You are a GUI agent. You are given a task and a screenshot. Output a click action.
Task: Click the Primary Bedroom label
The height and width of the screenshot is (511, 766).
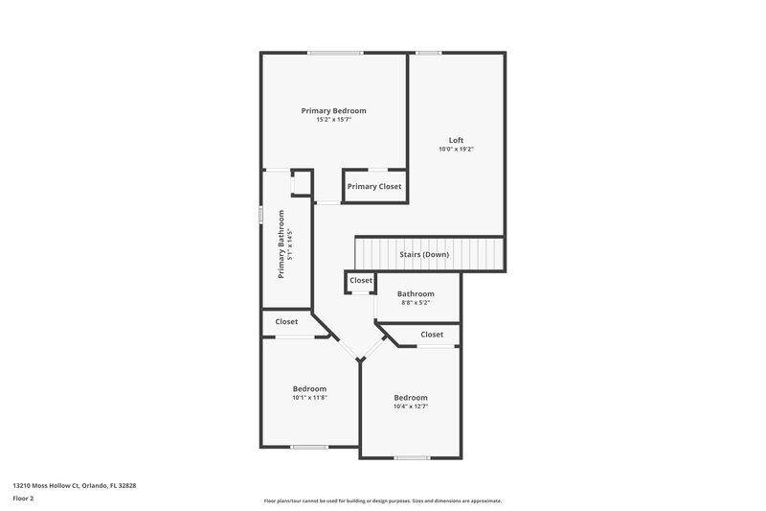pos(333,111)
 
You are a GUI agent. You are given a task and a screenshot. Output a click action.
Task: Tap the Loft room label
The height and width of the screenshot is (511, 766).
pos(456,140)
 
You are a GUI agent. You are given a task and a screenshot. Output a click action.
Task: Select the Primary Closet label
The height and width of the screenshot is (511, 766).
pos(374,186)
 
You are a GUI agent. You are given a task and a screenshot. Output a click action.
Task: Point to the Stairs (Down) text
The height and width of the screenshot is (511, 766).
pos(423,255)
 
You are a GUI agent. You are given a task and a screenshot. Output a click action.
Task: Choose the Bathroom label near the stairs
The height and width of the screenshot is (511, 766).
pos(416,294)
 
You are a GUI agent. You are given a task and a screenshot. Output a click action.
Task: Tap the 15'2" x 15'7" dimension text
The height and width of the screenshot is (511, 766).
pos(333,120)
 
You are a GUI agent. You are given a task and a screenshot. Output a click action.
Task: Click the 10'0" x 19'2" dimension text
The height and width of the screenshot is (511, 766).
pos(456,149)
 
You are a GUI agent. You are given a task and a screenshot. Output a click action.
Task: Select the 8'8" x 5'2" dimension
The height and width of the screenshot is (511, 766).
pos(416,303)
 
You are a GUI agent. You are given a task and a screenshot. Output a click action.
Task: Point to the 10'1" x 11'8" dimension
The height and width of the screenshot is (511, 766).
pos(309,398)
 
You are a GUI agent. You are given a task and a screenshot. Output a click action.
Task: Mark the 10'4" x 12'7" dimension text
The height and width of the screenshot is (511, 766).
pos(410,406)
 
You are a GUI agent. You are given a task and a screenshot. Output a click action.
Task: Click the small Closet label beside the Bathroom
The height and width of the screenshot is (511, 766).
pos(361,280)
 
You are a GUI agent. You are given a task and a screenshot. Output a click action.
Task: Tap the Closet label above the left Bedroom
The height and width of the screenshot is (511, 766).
pos(286,322)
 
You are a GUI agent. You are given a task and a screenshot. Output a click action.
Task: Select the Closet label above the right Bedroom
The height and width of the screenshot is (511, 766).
pos(432,335)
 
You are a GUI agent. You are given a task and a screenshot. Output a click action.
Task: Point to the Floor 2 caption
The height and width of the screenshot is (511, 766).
pos(23,499)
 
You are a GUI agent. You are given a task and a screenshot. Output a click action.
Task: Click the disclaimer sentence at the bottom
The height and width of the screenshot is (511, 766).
pos(382,500)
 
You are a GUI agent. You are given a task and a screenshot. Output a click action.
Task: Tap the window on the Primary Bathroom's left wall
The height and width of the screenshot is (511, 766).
pos(261,213)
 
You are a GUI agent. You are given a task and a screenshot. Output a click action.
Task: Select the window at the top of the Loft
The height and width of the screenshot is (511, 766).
pos(428,53)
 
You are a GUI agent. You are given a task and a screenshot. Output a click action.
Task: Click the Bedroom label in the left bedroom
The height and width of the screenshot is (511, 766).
pos(309,388)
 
